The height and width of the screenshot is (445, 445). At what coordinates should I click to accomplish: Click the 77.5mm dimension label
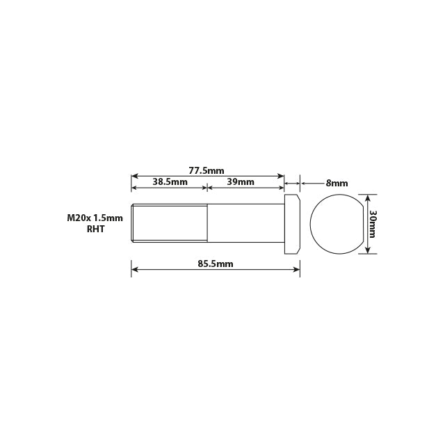tap(206, 170)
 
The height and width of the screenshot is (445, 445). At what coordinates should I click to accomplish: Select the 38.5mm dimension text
tap(170, 181)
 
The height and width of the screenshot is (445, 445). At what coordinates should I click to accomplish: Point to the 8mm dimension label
tap(337, 184)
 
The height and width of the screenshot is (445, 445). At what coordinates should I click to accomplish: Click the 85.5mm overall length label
tap(215, 264)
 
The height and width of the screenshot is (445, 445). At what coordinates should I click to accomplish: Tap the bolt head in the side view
tap(293, 223)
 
